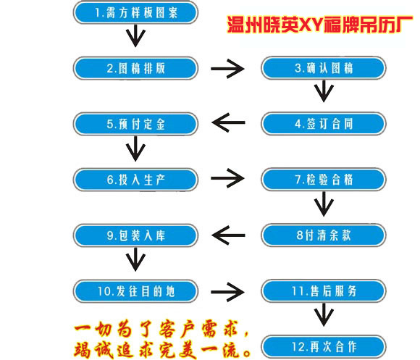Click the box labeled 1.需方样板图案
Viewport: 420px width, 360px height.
coord(135,12)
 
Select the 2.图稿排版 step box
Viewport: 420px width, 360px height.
coord(135,68)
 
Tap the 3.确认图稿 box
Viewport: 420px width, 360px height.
coord(324,68)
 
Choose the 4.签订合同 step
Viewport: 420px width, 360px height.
coord(324,124)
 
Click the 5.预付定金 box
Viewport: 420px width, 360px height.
coord(135,124)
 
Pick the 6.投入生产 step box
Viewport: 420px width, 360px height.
coord(135,180)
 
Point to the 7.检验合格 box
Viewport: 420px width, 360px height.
coord(324,180)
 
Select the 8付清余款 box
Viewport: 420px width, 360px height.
coord(324,235)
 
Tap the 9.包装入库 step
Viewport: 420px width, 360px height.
coord(135,235)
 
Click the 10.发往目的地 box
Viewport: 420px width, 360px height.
coord(135,291)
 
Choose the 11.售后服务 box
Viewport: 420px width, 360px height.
coord(324,291)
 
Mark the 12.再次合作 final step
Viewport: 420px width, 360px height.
coord(324,347)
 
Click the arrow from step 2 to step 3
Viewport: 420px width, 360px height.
coord(227,69)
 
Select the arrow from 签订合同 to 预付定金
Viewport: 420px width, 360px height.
coord(228,122)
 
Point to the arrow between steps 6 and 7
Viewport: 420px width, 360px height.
coord(227,178)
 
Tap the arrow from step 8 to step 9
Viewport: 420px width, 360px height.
coord(228,235)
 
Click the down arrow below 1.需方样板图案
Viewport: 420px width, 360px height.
coord(136,36)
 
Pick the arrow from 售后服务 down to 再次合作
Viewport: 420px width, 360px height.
coord(324,315)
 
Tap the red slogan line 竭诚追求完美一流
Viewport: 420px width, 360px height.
coord(163,350)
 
